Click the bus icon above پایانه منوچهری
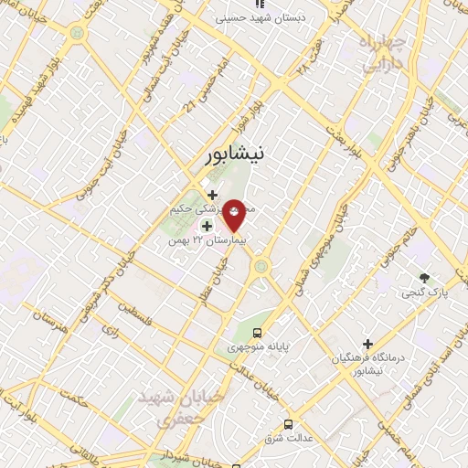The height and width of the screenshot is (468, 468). (x=260, y=333)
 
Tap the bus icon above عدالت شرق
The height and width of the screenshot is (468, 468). (x=289, y=424)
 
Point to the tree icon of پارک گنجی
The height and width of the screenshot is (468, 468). (x=423, y=278)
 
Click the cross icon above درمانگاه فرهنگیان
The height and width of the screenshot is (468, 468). (x=367, y=345)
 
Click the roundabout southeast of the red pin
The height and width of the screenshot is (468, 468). (x=263, y=267)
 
